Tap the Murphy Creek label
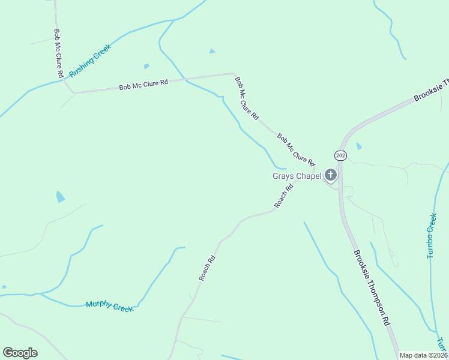tap(109, 306)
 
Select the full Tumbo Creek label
tap(431, 235)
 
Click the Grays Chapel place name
tap(297, 176)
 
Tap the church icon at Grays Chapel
tap(330, 175)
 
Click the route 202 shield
tap(341, 155)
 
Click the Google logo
tap(20, 353)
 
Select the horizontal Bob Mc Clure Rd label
tap(143, 85)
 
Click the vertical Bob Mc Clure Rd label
tap(58, 54)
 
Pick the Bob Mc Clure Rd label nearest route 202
tap(296, 149)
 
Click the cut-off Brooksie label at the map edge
tap(432, 90)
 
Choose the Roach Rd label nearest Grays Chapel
tap(284, 196)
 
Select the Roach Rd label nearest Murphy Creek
tap(206, 269)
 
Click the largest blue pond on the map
tap(61, 197)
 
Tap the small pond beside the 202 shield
tap(359, 146)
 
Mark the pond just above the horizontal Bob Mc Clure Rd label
tap(146, 66)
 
